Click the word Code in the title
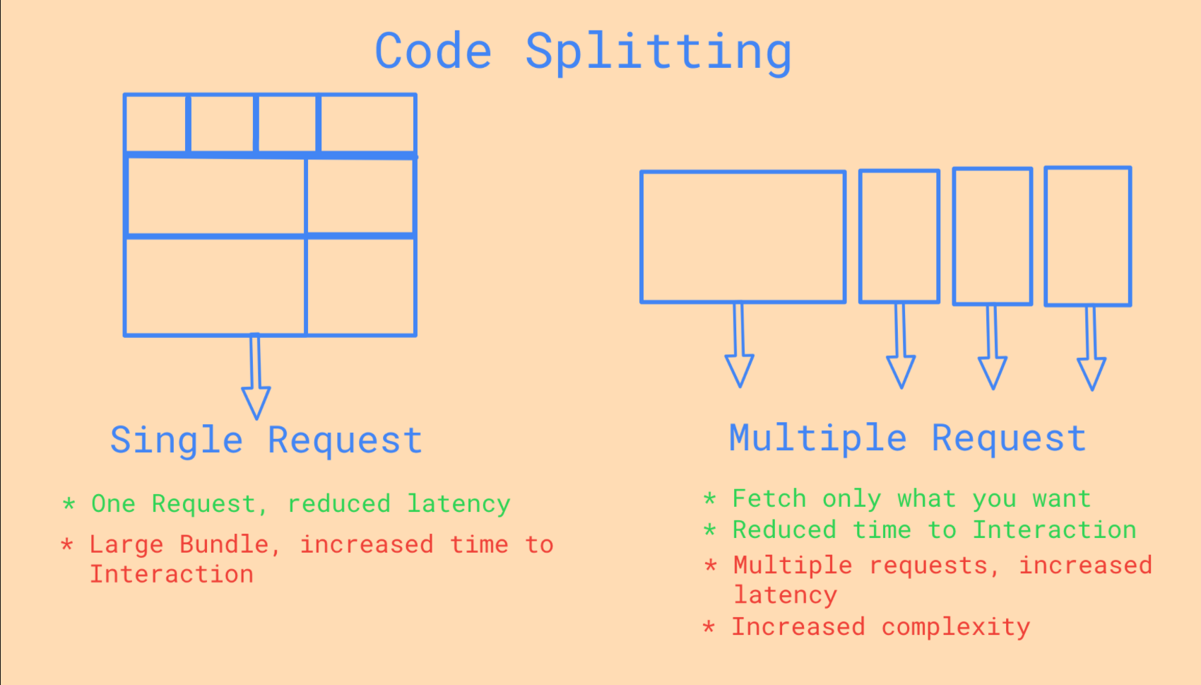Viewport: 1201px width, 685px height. (433, 52)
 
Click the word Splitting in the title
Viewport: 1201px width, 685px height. (658, 52)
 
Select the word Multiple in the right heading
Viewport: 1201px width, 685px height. (817, 439)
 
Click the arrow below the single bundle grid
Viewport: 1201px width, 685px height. (256, 375)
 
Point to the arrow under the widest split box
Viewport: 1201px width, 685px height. (740, 344)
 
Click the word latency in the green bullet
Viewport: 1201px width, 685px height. (459, 504)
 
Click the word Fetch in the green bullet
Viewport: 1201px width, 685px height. (769, 499)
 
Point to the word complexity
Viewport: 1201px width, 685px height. (955, 627)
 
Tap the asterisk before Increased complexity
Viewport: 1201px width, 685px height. (709, 626)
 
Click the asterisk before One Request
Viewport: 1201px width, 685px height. (69, 503)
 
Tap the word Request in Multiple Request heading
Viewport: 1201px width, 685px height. (1009, 439)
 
